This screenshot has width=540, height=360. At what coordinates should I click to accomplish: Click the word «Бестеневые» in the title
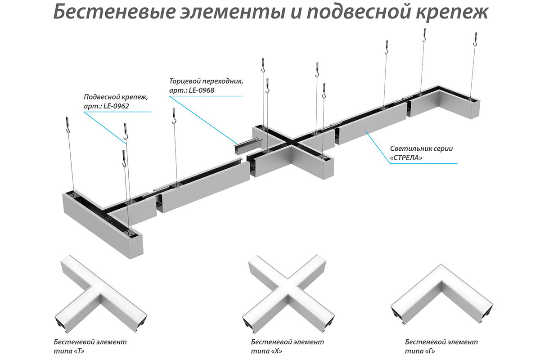(114, 12)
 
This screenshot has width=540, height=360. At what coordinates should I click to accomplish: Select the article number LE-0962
(116, 106)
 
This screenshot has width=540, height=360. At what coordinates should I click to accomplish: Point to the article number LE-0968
(202, 90)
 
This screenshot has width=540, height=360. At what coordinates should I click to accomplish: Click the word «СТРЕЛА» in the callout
(406, 158)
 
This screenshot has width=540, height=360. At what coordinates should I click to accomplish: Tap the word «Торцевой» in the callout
(186, 81)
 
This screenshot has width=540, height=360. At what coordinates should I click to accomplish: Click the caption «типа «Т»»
(69, 351)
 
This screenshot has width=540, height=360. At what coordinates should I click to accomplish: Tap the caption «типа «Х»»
(266, 351)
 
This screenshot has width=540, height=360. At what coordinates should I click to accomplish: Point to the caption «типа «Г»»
(420, 351)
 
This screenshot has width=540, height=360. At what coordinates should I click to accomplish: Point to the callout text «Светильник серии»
(421, 149)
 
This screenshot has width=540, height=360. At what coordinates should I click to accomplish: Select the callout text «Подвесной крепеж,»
(116, 97)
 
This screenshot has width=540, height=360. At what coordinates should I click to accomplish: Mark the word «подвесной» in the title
(359, 13)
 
